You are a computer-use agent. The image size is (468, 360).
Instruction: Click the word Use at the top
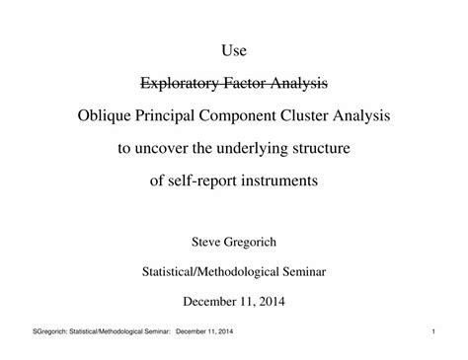point(234,48)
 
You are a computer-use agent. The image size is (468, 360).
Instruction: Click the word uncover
point(168,150)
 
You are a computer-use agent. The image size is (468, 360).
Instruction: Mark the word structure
point(332,150)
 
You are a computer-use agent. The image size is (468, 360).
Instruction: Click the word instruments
point(287,183)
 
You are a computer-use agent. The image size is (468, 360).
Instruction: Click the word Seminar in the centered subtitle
point(301,268)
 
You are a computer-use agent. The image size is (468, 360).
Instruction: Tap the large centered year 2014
point(272,297)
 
